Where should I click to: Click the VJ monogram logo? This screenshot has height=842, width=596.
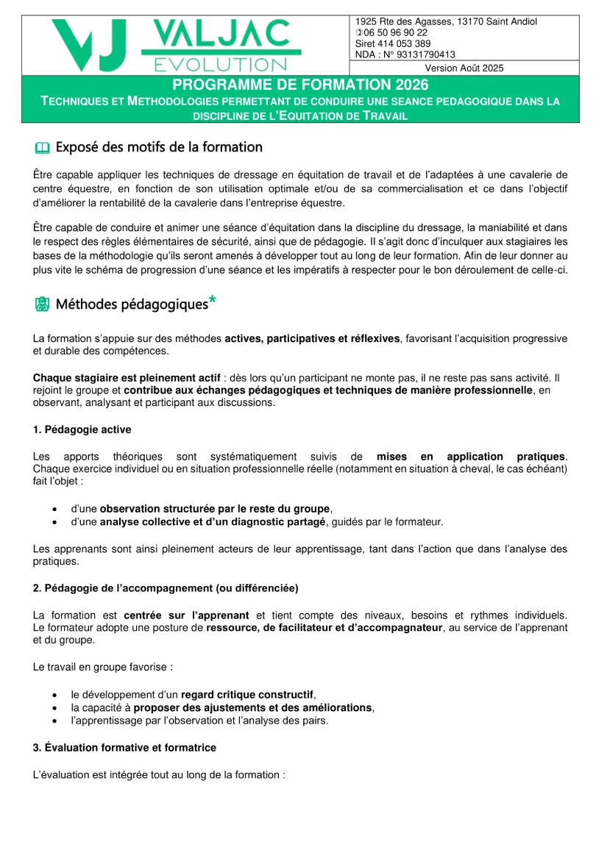point(91,44)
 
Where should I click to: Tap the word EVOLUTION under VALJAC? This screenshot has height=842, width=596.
point(220,64)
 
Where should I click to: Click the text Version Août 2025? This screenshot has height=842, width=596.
point(464,68)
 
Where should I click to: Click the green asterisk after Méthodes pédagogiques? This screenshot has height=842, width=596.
point(213,299)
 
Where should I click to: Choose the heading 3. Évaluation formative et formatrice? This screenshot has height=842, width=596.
point(124,747)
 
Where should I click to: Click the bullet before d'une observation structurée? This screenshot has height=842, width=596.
point(56,509)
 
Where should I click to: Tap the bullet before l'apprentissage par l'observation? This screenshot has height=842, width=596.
point(56,721)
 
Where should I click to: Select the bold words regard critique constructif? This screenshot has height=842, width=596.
point(247,694)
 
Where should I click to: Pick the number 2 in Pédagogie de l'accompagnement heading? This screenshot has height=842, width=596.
point(36,587)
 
